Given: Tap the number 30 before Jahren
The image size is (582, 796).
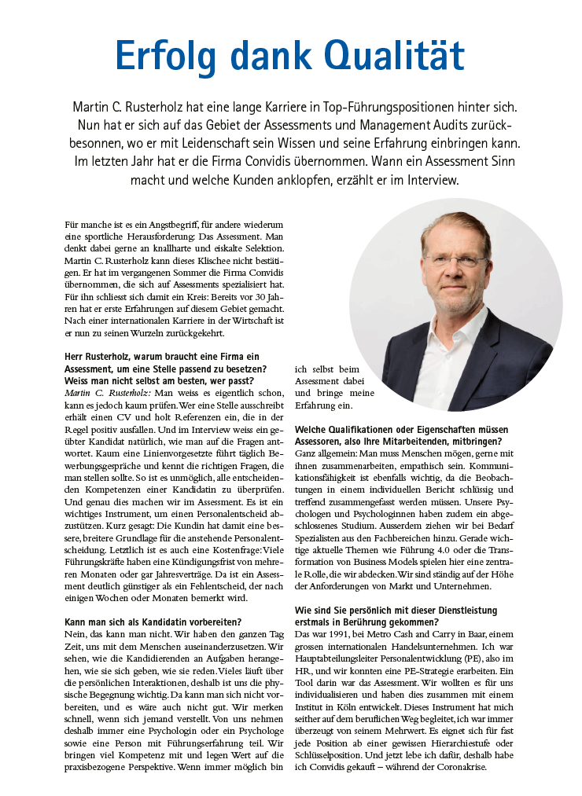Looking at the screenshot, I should click(254, 299).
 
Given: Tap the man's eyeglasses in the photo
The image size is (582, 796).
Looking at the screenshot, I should click(456, 261).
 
